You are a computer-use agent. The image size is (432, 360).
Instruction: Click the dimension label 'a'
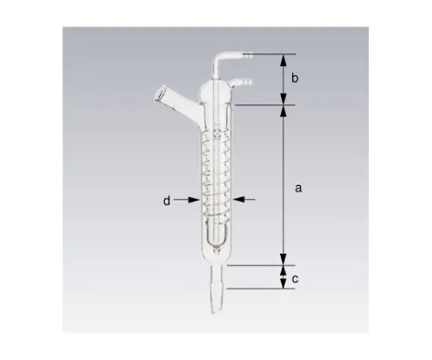[298, 187]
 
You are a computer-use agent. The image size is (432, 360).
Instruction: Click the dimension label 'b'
[295, 79]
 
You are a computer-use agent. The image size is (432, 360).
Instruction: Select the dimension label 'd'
[167, 200]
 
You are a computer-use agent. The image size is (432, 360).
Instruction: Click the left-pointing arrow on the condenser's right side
[241, 199]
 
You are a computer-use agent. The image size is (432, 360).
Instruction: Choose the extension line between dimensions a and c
[259, 266]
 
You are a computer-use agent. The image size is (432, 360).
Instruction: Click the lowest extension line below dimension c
[259, 287]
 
